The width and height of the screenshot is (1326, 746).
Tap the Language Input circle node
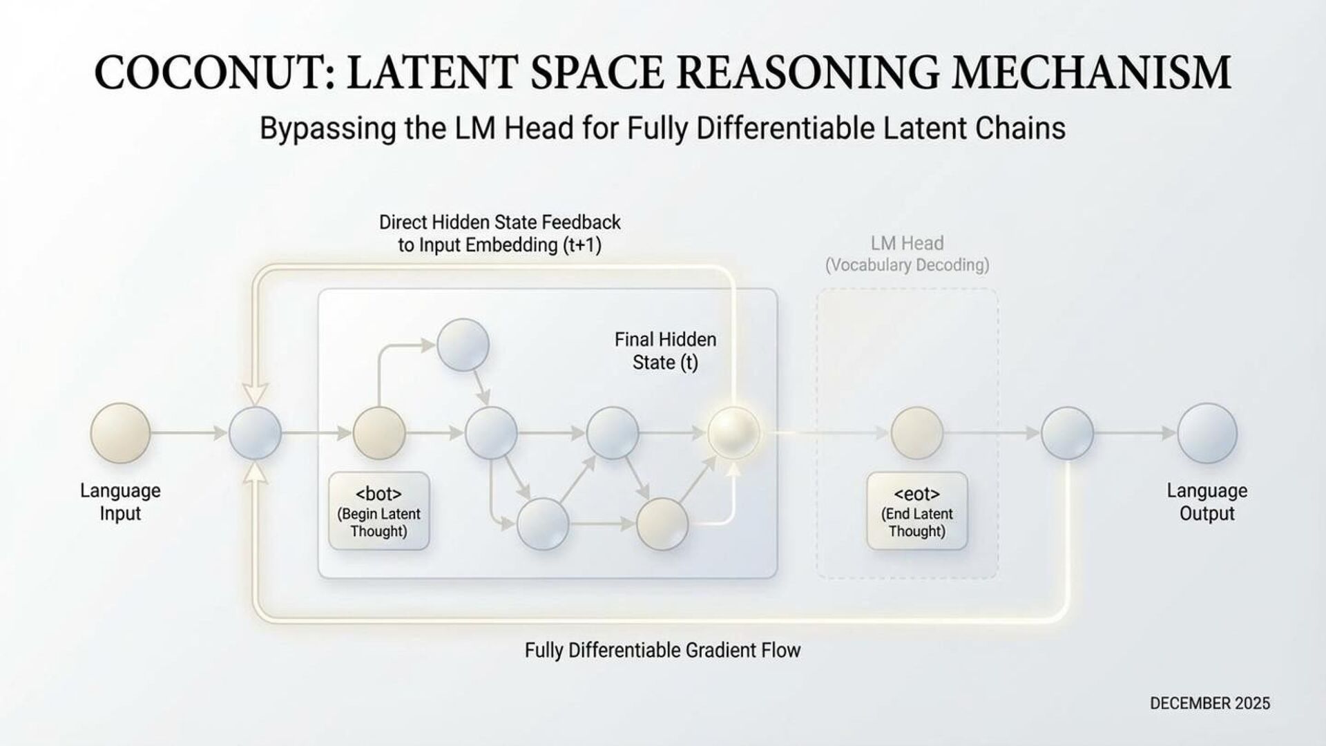(120, 433)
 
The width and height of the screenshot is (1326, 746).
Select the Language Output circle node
(1207, 433)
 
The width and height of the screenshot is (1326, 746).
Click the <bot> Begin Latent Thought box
(378, 511)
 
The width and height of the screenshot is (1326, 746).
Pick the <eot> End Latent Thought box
(916, 511)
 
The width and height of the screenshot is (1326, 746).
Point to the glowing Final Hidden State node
(733, 433)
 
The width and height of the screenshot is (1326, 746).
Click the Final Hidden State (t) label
(665, 351)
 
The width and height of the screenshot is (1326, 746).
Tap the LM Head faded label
(907, 243)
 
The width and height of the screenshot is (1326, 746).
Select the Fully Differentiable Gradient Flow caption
(662, 650)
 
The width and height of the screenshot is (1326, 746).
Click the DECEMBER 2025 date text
(1209, 703)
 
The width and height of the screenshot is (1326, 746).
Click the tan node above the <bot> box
(378, 433)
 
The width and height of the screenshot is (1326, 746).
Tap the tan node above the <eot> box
(916, 433)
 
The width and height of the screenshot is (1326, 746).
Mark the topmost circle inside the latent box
(463, 345)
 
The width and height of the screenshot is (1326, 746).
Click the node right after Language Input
(255, 433)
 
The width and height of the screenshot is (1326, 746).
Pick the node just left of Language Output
(1067, 433)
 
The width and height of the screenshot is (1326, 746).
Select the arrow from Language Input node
(188, 433)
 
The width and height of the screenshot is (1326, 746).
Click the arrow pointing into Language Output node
(1135, 433)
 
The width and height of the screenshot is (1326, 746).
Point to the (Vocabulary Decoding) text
(907, 265)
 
